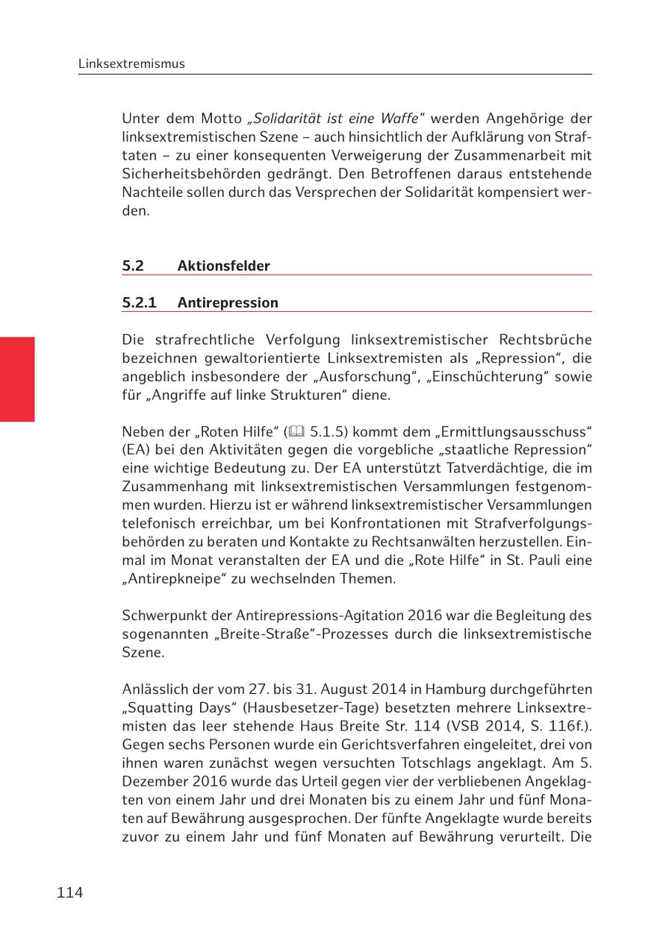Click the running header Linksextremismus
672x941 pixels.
pos(131,64)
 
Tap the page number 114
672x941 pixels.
pos(69,892)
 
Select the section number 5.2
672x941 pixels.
pos(133,266)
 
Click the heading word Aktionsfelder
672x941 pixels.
pos(223,266)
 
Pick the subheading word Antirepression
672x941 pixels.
pos(227,302)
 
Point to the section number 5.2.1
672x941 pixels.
pos(139,302)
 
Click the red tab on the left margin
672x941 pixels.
pos(17,379)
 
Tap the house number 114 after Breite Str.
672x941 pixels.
pos(429,726)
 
